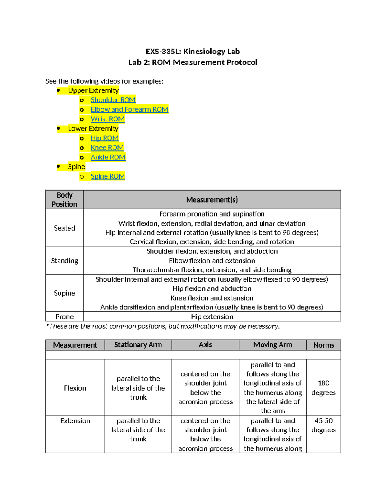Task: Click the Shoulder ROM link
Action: point(113,100)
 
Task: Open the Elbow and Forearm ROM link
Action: point(129,109)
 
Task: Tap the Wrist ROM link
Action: point(107,119)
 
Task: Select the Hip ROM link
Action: point(105,138)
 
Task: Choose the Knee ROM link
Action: point(107,148)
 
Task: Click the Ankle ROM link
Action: point(108,157)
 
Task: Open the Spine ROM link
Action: point(108,176)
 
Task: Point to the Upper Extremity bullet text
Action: point(93,90)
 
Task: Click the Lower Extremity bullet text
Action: point(93,128)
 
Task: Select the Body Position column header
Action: point(64,200)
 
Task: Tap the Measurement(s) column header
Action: point(212,200)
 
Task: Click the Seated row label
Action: point(64,228)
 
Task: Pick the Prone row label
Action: point(64,316)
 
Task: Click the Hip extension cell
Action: point(212,316)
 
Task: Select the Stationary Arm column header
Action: point(138,345)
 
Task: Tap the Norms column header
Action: point(323,345)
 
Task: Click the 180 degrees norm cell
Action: point(323,388)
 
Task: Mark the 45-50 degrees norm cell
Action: point(323,425)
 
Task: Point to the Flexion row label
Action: point(75,388)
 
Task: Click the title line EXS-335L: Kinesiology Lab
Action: point(193,52)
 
